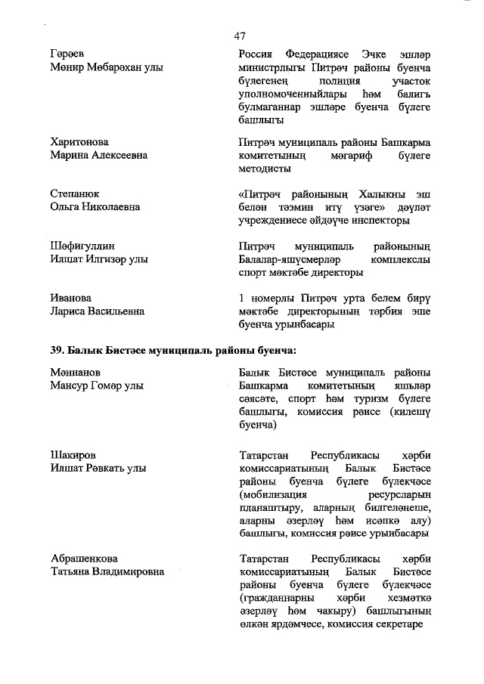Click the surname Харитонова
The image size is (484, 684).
pos(79,141)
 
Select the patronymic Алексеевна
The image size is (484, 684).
pos(116,154)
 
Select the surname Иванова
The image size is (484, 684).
pos(71,298)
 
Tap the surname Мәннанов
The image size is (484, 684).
pos(76,373)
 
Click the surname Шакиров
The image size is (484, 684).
pos(73,456)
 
